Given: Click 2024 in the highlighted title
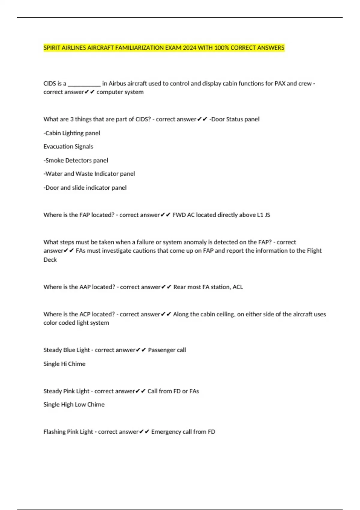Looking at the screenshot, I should pos(190,48).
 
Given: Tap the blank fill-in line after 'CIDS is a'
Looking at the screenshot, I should pos(84,84).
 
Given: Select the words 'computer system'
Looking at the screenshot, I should pos(120,92).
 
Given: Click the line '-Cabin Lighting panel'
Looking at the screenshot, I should pos(72,133).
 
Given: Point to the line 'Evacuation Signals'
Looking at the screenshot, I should pos(68,146).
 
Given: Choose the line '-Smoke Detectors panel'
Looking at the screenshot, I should pos(76,160).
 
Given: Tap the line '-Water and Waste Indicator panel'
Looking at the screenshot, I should pos(89,174).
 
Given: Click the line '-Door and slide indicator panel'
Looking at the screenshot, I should pos(85,187).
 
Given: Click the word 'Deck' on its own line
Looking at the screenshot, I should pos(50,259).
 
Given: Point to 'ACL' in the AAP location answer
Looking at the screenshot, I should pos(238,287).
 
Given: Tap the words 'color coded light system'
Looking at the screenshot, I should pos(76,323).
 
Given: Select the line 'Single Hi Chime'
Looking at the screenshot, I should pos(64,364).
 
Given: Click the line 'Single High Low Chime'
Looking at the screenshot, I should pos(74,404).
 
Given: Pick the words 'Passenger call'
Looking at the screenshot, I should pos(167,350).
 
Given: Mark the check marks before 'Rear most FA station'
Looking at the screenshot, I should pos(166,287).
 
